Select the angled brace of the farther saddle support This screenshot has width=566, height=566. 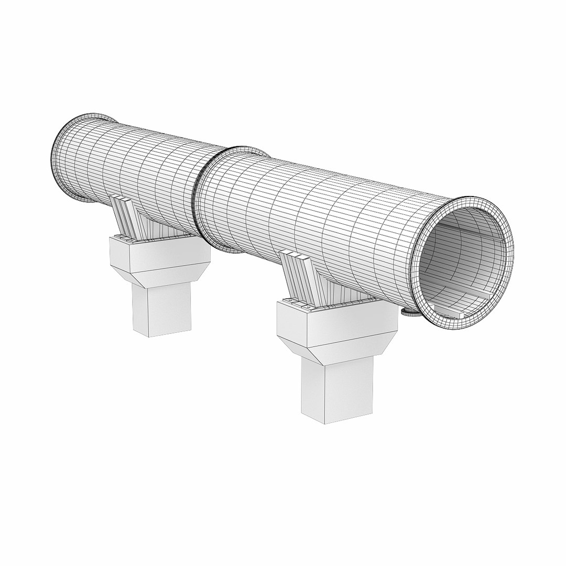pyautogui.click(x=126, y=215)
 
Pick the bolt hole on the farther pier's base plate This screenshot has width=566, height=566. pyautogui.click(x=133, y=241)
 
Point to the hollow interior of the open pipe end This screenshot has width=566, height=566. pyautogui.click(x=461, y=262)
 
